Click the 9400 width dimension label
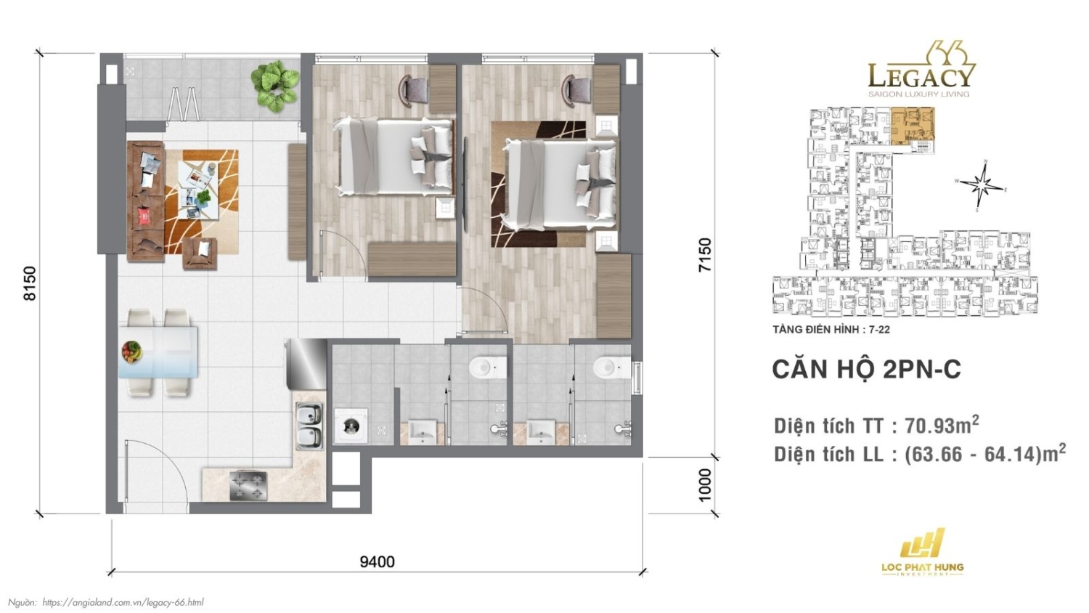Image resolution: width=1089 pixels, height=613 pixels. [378, 562]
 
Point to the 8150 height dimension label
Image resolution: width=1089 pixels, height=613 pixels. [30, 283]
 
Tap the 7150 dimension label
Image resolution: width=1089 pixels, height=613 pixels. [704, 255]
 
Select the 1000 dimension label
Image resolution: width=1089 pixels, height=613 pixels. [704, 484]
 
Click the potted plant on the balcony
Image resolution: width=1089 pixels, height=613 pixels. [275, 84]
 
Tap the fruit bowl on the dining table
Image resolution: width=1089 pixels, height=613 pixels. [131, 352]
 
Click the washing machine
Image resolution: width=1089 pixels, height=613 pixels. [351, 426]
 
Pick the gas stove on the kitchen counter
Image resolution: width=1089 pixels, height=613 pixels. [248, 486]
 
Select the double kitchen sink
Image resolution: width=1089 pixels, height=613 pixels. [309, 426]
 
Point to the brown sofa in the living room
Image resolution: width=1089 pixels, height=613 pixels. [145, 200]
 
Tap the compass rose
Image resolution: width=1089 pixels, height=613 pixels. [982, 184]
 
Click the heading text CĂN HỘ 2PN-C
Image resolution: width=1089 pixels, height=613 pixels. [866, 370]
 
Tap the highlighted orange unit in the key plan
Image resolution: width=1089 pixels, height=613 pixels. [913, 125]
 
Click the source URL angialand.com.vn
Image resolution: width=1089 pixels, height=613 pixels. [123, 602]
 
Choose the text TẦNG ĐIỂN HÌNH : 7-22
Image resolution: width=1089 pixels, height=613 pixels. [831, 330]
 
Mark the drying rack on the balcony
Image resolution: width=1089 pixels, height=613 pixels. [183, 103]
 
